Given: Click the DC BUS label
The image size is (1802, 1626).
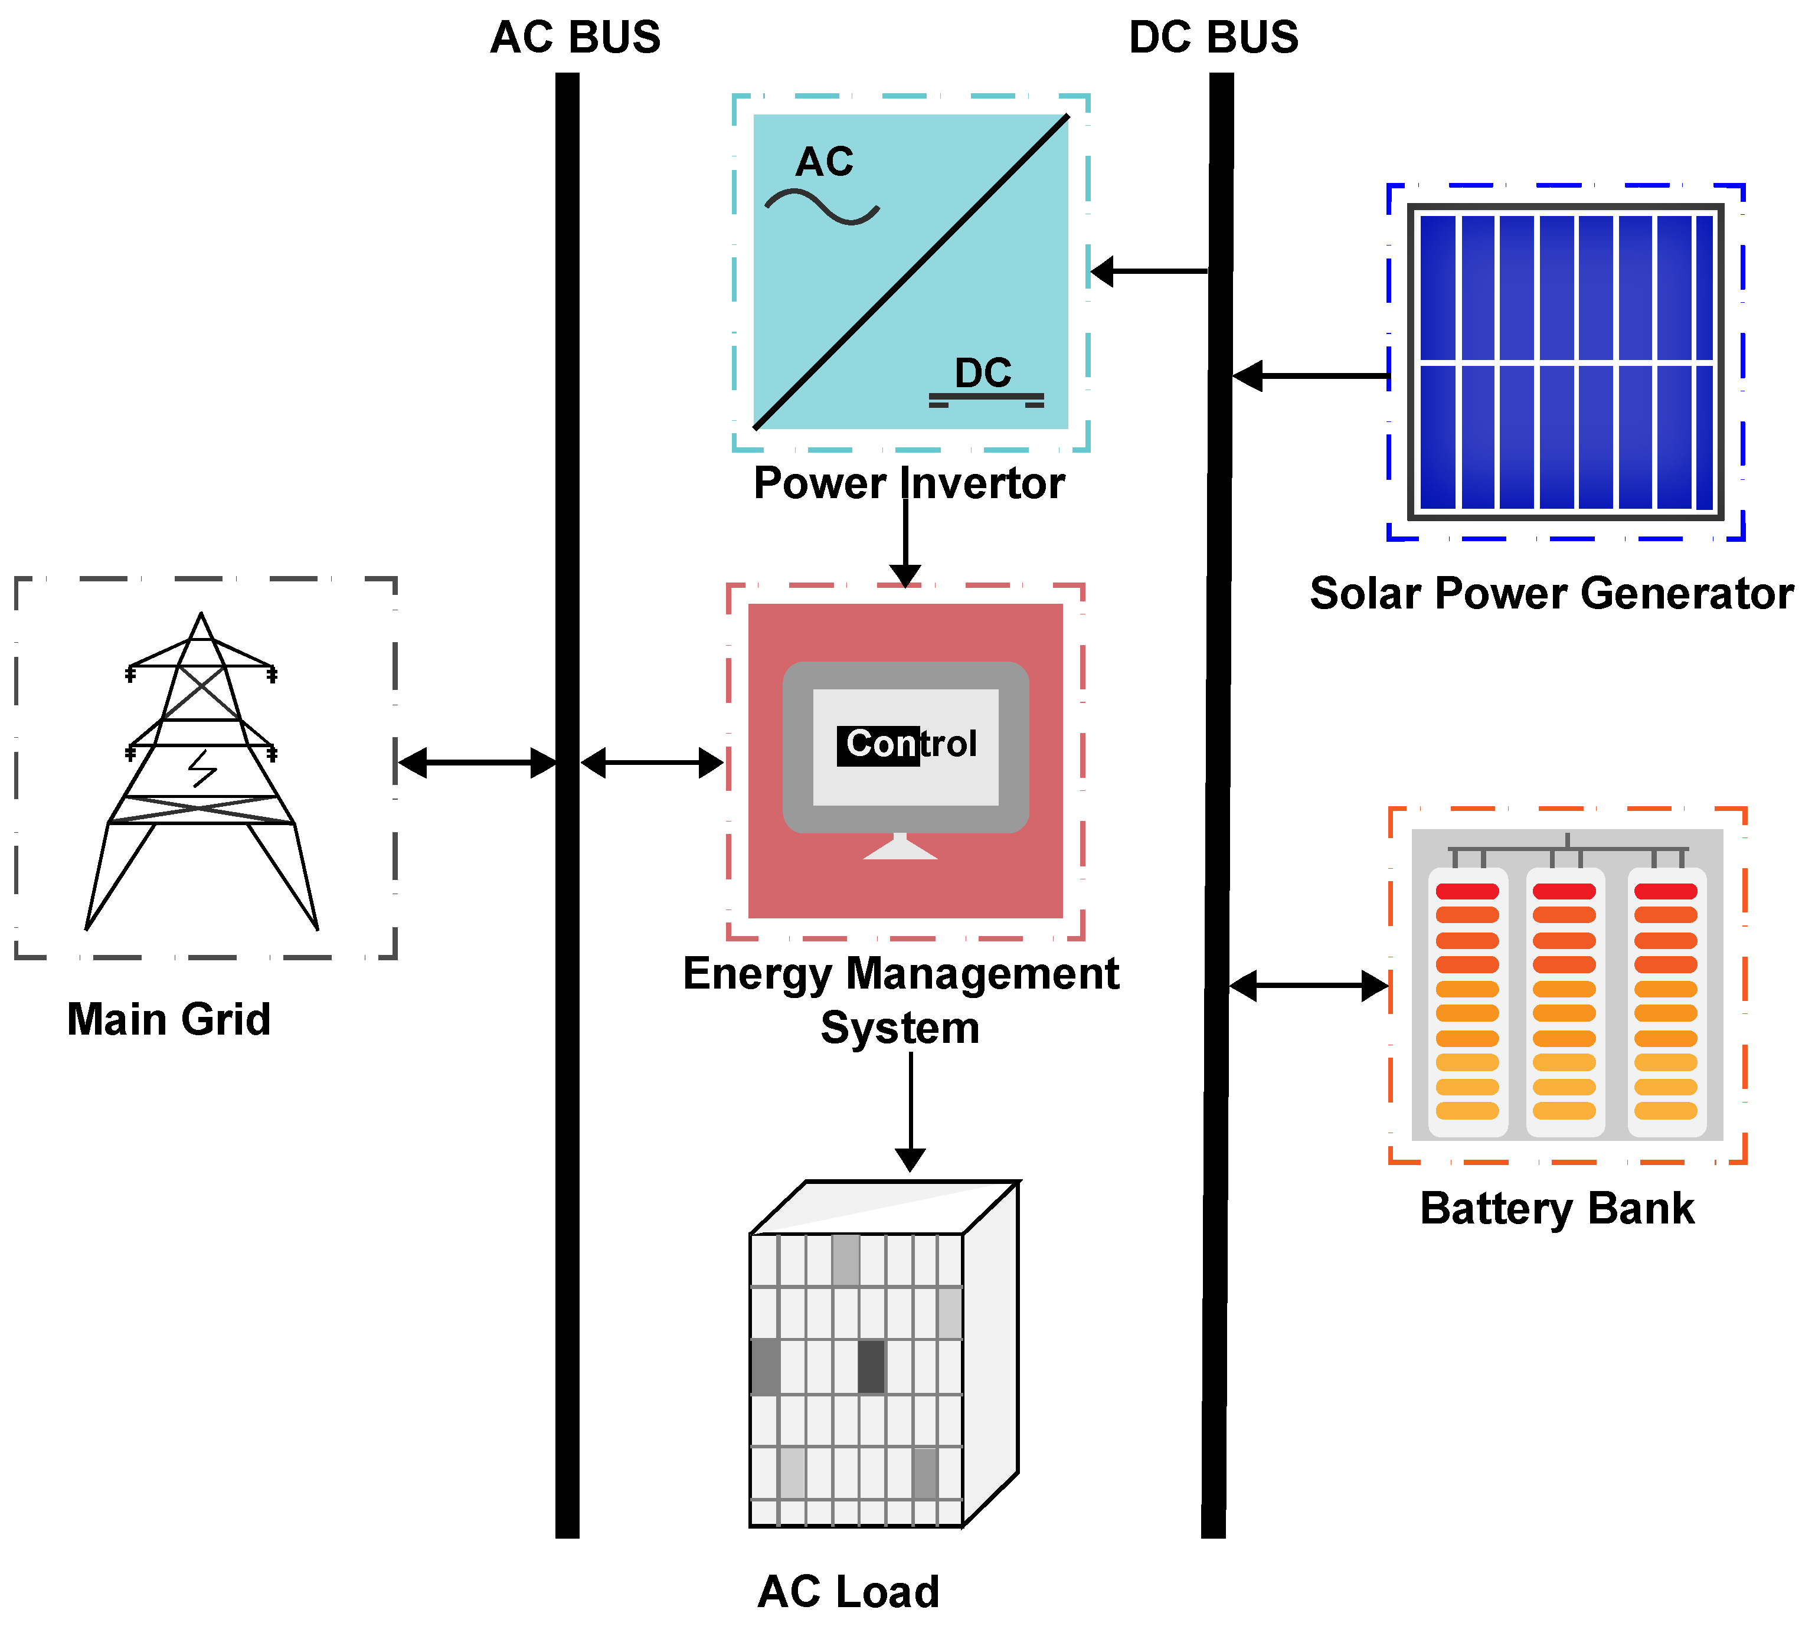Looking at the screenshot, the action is [1214, 38].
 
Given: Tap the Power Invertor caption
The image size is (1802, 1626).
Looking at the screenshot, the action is [908, 483].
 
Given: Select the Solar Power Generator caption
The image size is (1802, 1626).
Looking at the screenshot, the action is [1551, 593].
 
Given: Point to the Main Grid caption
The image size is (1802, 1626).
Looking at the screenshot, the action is [169, 1019].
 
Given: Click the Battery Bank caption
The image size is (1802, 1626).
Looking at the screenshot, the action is [1556, 1209].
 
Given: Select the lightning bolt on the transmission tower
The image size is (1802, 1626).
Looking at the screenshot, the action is [203, 768].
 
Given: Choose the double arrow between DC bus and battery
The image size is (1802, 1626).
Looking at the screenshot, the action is [1309, 986].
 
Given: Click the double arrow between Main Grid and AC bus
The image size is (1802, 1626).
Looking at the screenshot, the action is [477, 763].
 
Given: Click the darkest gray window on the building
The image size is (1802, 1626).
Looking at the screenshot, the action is [871, 1366].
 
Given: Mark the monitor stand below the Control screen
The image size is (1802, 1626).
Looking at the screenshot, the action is [900, 847].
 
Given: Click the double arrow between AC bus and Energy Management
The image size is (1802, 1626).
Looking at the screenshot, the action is [652, 763].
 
